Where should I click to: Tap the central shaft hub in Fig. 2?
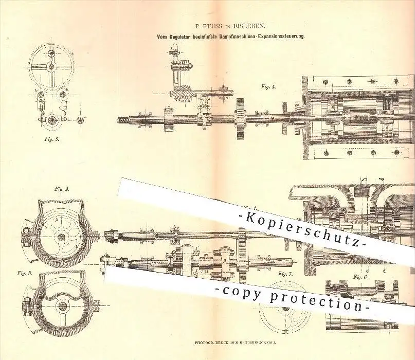click(x=61, y=236)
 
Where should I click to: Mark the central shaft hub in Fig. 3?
click(x=61, y=306)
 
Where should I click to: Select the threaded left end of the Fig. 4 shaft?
click(x=125, y=119)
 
